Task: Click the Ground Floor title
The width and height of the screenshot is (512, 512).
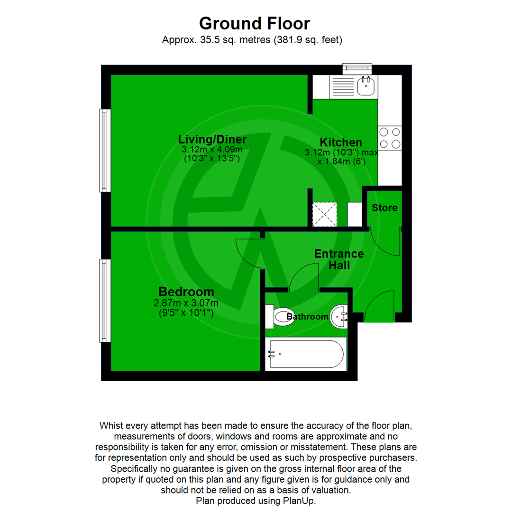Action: click(255, 23)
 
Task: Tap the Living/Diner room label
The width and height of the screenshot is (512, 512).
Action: click(212, 139)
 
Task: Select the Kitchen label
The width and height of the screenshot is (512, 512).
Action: click(341, 142)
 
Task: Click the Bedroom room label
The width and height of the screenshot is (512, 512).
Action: click(186, 292)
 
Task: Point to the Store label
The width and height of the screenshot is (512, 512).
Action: click(384, 208)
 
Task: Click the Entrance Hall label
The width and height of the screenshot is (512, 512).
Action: click(339, 259)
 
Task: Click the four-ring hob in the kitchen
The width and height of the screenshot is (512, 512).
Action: click(389, 138)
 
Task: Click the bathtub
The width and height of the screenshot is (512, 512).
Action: click(305, 354)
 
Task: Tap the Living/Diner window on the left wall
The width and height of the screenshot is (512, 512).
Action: click(105, 150)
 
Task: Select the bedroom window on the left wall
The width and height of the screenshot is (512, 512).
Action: click(105, 300)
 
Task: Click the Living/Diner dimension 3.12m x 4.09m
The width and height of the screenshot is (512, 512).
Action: click(212, 149)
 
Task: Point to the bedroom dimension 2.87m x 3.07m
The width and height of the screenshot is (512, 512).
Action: click(186, 303)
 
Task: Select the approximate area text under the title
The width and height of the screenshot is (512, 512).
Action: click(252, 40)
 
